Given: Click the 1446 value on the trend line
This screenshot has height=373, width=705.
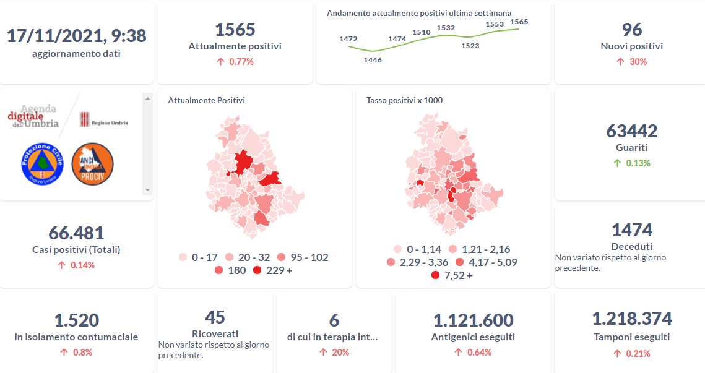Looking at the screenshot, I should (373, 60).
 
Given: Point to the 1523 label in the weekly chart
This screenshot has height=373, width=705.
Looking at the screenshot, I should (470, 46).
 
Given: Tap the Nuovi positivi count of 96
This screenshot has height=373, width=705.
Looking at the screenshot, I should (631, 29).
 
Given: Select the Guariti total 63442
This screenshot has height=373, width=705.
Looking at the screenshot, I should (631, 131).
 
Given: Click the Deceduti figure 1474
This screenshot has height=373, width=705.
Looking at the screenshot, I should (631, 230).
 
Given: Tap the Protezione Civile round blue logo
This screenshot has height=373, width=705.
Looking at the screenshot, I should (43, 164).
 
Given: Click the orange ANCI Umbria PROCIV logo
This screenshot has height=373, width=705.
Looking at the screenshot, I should (93, 164).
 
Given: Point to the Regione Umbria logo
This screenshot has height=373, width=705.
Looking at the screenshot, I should (104, 120).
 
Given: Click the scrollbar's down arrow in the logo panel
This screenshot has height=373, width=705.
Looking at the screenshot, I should (147, 190).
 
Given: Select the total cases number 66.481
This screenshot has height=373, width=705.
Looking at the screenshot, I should (76, 233).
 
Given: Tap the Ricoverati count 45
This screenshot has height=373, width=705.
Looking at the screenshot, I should (215, 317).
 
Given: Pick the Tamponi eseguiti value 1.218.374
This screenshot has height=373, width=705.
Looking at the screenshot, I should (631, 319).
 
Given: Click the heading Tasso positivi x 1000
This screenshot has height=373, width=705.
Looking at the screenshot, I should (404, 100).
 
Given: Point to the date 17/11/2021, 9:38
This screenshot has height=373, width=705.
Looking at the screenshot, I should (76, 36).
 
